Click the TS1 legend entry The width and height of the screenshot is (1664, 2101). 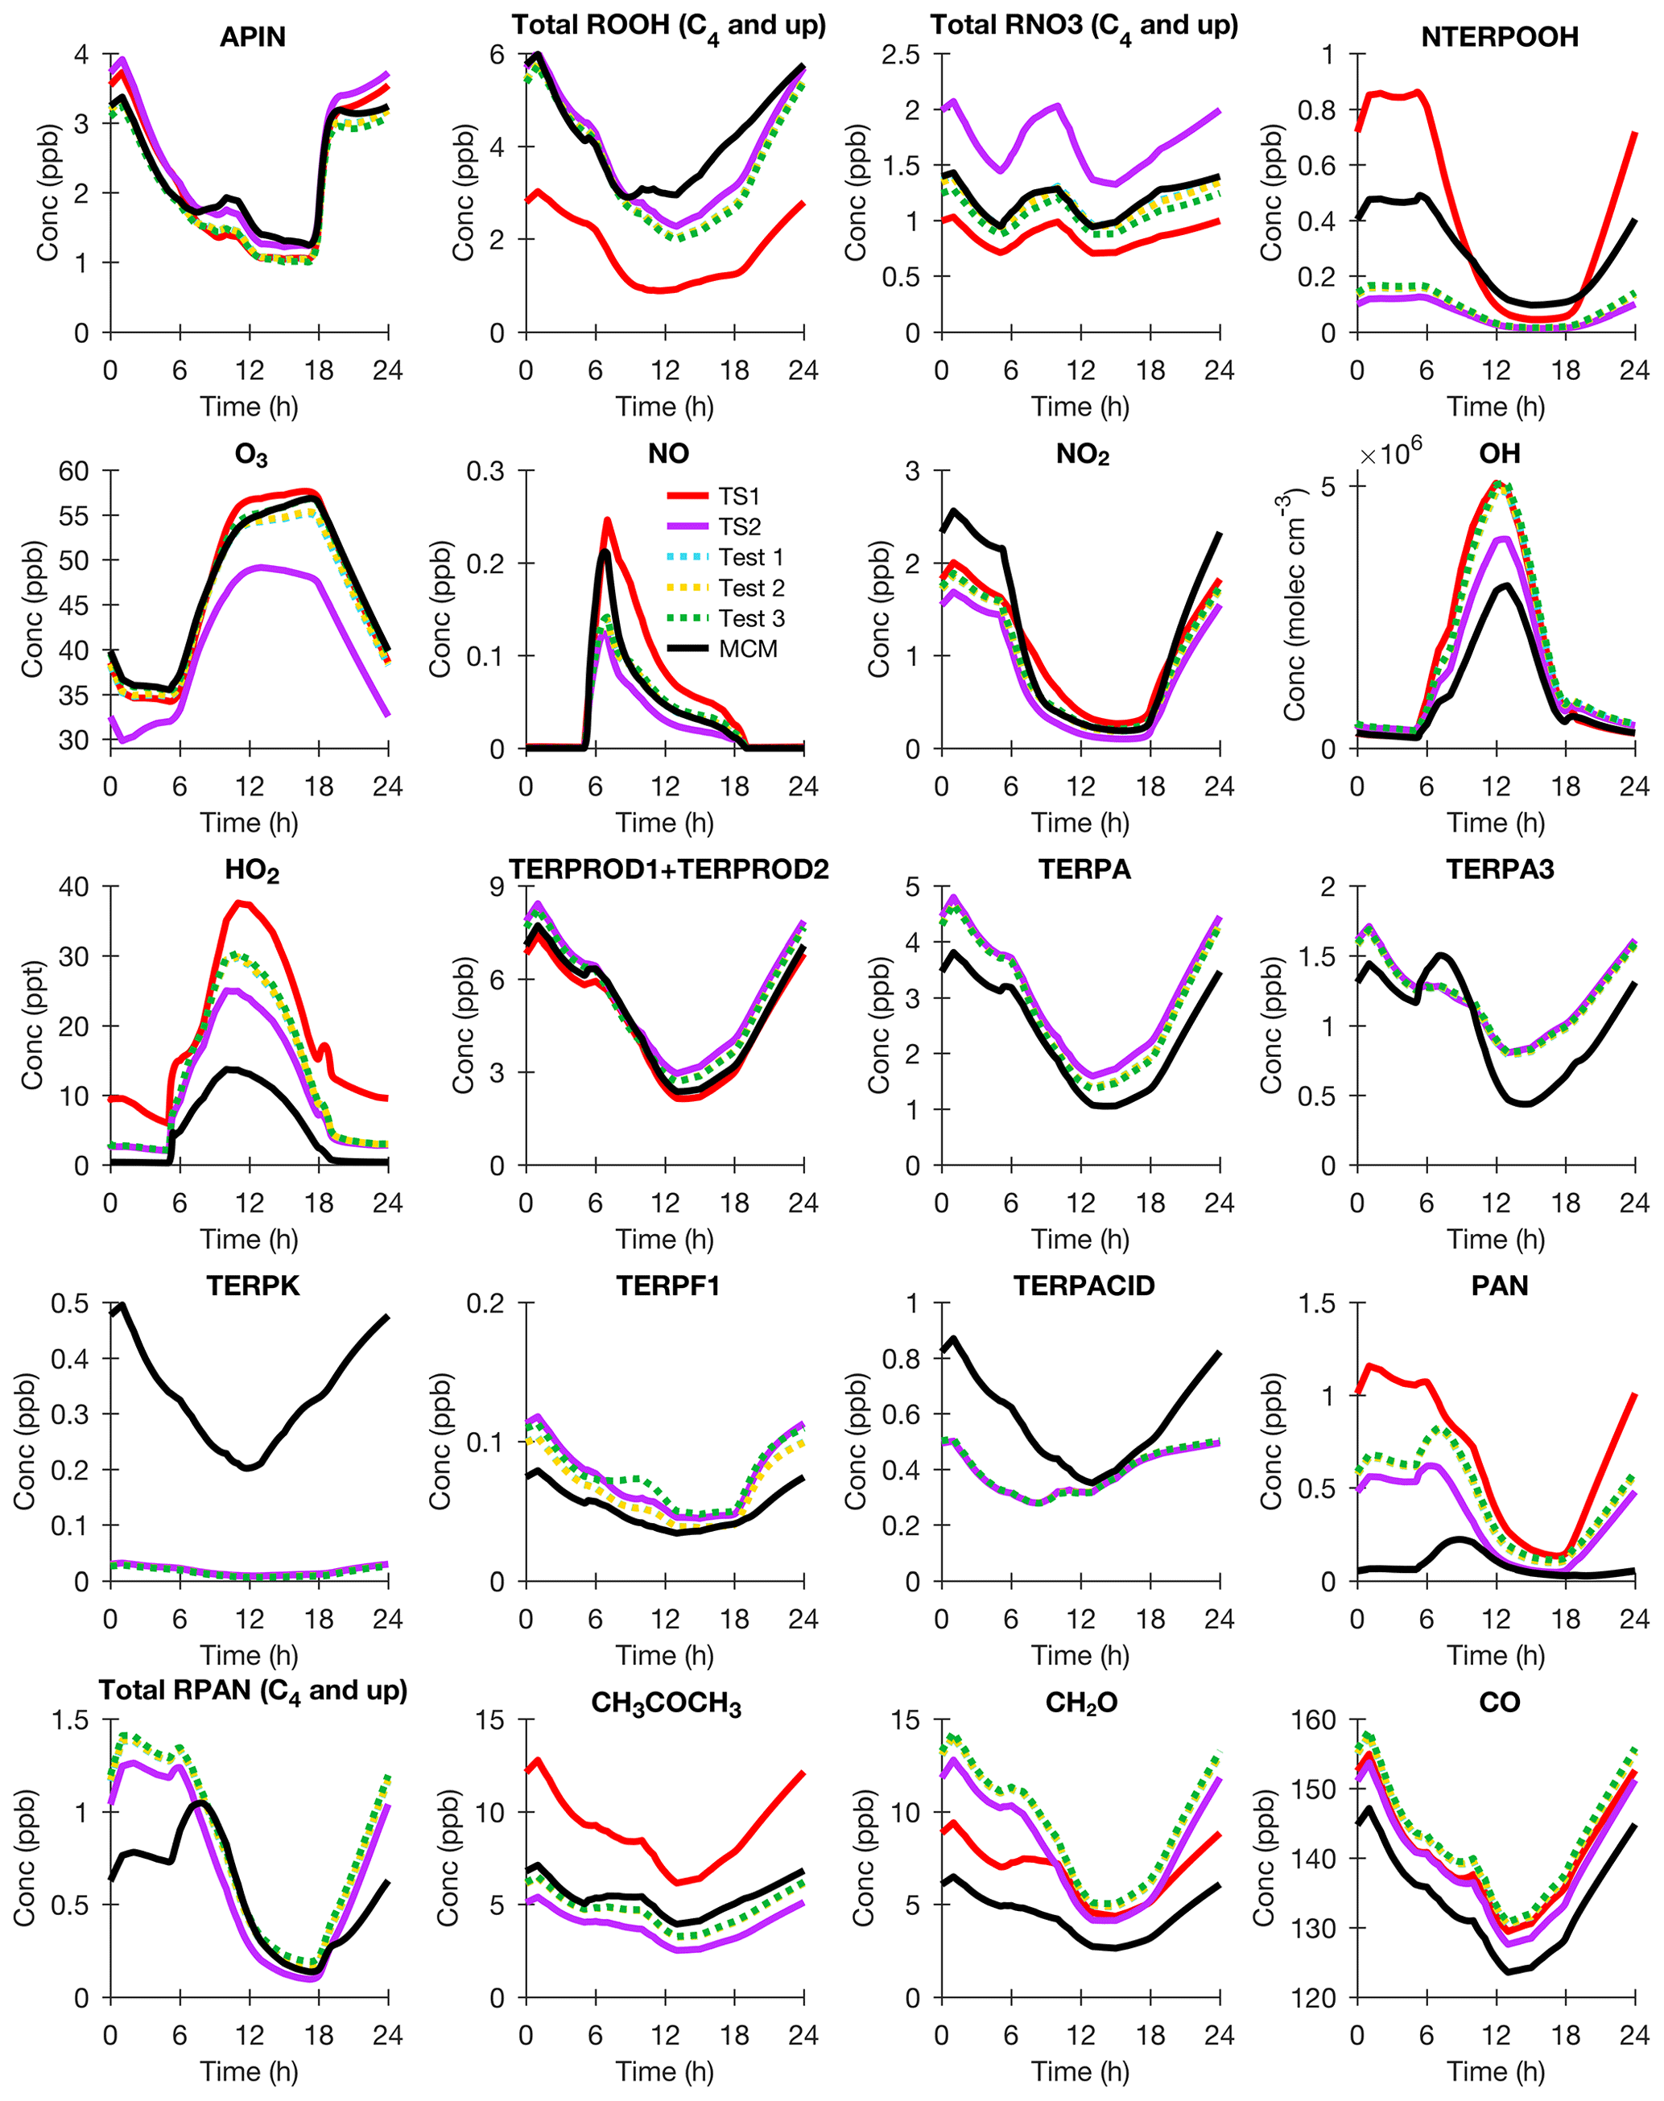[x=740, y=497]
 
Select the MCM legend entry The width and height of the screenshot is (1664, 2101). [x=747, y=649]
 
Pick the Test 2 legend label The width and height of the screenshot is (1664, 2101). [x=751, y=588]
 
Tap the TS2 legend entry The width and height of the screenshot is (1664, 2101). [x=740, y=527]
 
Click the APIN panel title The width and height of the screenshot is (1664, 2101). [x=252, y=37]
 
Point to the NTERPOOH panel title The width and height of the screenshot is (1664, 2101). [x=1499, y=37]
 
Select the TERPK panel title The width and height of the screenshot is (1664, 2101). [x=252, y=1286]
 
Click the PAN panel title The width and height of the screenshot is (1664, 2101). [x=1499, y=1286]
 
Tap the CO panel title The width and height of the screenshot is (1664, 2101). [x=1499, y=1702]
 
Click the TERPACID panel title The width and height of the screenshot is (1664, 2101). [x=1084, y=1286]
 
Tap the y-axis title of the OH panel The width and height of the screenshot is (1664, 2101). [x=1294, y=604]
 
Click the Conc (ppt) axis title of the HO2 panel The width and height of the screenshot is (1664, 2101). [x=33, y=1025]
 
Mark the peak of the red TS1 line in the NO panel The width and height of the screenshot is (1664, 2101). [x=607, y=520]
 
